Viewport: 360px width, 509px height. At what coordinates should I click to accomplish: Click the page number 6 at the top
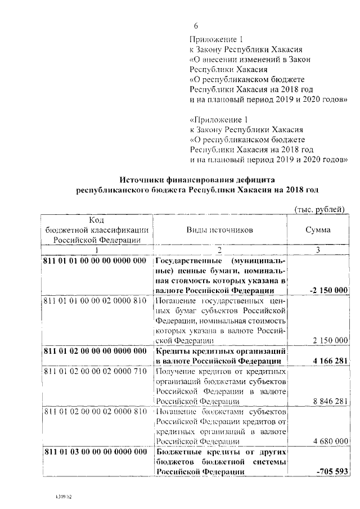click(x=196, y=26)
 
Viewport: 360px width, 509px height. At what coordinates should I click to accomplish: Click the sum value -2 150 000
click(x=328, y=290)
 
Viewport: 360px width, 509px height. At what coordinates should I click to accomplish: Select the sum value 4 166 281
click(x=328, y=361)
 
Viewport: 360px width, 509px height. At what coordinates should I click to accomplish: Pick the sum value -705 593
click(x=332, y=470)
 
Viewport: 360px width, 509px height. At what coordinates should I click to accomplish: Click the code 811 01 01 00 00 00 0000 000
click(x=94, y=262)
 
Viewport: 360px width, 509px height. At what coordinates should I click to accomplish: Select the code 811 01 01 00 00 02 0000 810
click(x=94, y=301)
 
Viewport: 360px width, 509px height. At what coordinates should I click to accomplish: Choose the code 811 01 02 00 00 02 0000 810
click(x=94, y=411)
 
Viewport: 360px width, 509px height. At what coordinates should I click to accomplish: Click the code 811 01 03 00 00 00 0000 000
click(x=94, y=452)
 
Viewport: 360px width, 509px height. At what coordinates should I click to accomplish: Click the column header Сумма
click(x=318, y=230)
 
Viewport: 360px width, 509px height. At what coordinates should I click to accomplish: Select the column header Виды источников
click(x=220, y=230)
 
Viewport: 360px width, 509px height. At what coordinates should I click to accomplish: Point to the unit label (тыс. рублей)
click(x=319, y=209)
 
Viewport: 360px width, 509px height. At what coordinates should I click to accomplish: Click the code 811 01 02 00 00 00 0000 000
click(x=94, y=351)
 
